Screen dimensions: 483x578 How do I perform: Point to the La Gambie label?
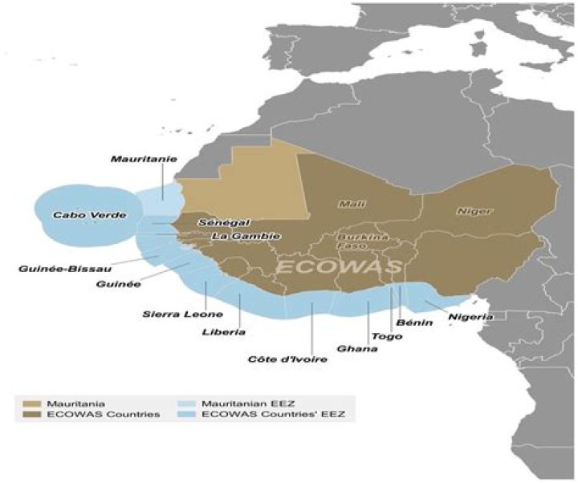coord(246,237)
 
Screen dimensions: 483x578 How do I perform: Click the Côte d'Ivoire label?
coord(287,359)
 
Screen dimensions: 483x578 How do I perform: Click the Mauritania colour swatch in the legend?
coord(31,400)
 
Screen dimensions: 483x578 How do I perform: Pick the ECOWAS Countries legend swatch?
coord(31,414)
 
